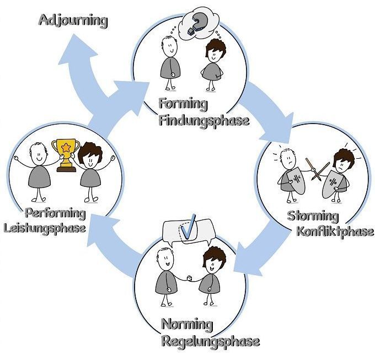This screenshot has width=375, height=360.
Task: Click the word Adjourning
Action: click(x=72, y=22)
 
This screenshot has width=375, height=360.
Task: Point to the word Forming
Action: click(x=183, y=104)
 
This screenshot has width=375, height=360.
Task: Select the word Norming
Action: click(x=186, y=324)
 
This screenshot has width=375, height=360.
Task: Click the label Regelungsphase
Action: click(x=210, y=341)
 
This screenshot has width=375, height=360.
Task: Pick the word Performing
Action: click(x=55, y=213)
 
